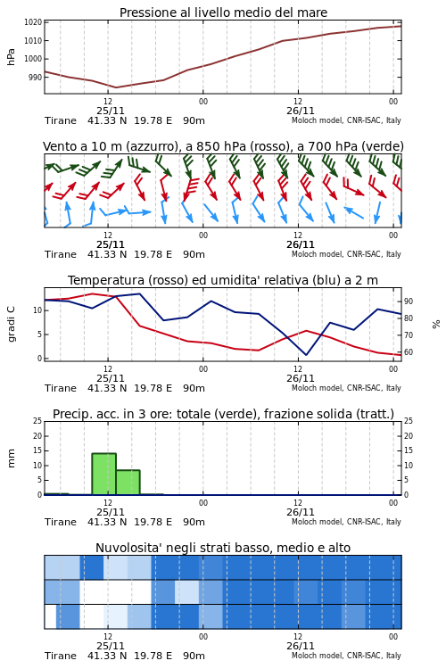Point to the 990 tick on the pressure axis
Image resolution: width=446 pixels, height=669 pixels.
point(36,78)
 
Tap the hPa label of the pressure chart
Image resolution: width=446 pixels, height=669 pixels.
point(11,57)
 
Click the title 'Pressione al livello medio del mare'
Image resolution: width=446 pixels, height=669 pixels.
point(223,12)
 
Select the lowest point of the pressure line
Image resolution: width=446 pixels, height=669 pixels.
point(116,87)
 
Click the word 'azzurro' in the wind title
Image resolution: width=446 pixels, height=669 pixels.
point(150,146)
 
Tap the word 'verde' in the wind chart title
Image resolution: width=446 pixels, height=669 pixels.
point(380,146)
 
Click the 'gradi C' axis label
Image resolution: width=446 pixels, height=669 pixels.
point(11,324)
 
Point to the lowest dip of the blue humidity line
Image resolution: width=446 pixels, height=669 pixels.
point(307,354)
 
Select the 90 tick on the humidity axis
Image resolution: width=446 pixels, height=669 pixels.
point(409,301)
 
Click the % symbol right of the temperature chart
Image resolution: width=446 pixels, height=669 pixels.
point(436,325)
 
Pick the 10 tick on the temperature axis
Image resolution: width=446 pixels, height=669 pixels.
point(37,310)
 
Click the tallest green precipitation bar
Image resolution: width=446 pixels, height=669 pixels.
point(103,474)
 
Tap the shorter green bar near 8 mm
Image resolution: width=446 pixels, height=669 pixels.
point(128,482)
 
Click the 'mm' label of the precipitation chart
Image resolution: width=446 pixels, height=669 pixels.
point(11,458)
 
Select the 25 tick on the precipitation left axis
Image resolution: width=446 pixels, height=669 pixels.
point(37,421)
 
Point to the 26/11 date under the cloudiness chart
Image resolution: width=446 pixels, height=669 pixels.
point(301,646)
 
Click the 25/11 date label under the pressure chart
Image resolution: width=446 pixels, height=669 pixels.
point(111,111)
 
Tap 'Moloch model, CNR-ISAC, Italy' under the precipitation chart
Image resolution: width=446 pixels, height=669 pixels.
point(346,522)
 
